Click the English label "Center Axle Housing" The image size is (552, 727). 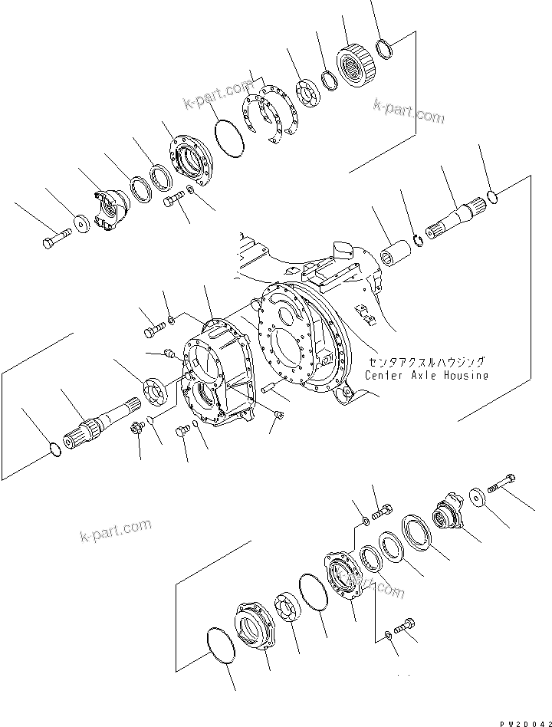426,375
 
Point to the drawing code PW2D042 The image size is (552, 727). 524,721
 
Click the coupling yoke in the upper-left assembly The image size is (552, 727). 110,209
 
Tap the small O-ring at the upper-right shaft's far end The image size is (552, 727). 496,198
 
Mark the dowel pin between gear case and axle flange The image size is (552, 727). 269,389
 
